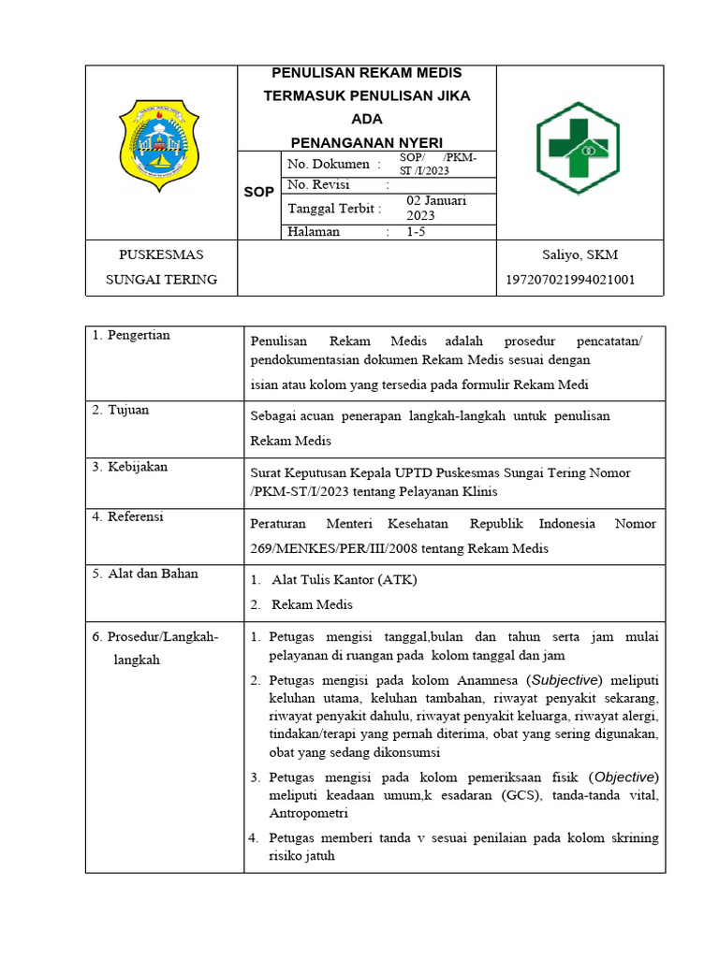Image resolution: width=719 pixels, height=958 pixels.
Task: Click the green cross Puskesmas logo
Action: click(578, 148)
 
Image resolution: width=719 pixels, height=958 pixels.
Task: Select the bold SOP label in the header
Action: click(259, 192)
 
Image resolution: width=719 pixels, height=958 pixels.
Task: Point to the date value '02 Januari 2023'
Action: click(436, 208)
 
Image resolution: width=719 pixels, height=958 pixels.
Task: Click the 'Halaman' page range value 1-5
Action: click(416, 232)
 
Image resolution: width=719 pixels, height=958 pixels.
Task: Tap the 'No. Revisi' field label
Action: click(318, 184)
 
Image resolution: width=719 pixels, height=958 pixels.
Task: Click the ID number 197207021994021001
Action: click(570, 280)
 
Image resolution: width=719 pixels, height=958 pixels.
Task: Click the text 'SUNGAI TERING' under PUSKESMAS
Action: click(161, 279)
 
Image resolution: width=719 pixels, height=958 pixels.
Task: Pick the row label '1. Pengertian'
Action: click(131, 335)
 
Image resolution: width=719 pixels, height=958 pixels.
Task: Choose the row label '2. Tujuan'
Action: click(121, 410)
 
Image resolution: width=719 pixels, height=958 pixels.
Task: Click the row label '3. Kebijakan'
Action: click(130, 466)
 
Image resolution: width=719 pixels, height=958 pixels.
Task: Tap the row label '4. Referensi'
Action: click(128, 516)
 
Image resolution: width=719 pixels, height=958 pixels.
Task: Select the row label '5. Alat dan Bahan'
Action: click(145, 573)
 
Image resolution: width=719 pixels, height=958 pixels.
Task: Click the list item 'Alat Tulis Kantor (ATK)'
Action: click(344, 580)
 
